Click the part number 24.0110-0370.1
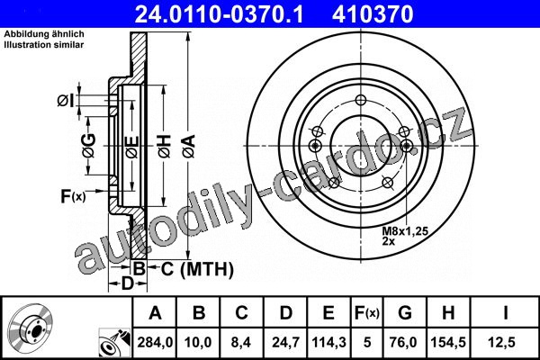pyautogui.click(x=219, y=14)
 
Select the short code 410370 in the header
pyautogui.click(x=373, y=14)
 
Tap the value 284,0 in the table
pyautogui.click(x=155, y=342)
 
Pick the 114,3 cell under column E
pyautogui.click(x=328, y=342)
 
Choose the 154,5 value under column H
pyautogui.click(x=448, y=342)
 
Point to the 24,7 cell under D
pyautogui.click(x=285, y=342)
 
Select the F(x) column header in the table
pyautogui.click(x=367, y=313)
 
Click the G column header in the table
pyautogui.click(x=405, y=313)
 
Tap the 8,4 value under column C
pyautogui.click(x=241, y=342)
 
